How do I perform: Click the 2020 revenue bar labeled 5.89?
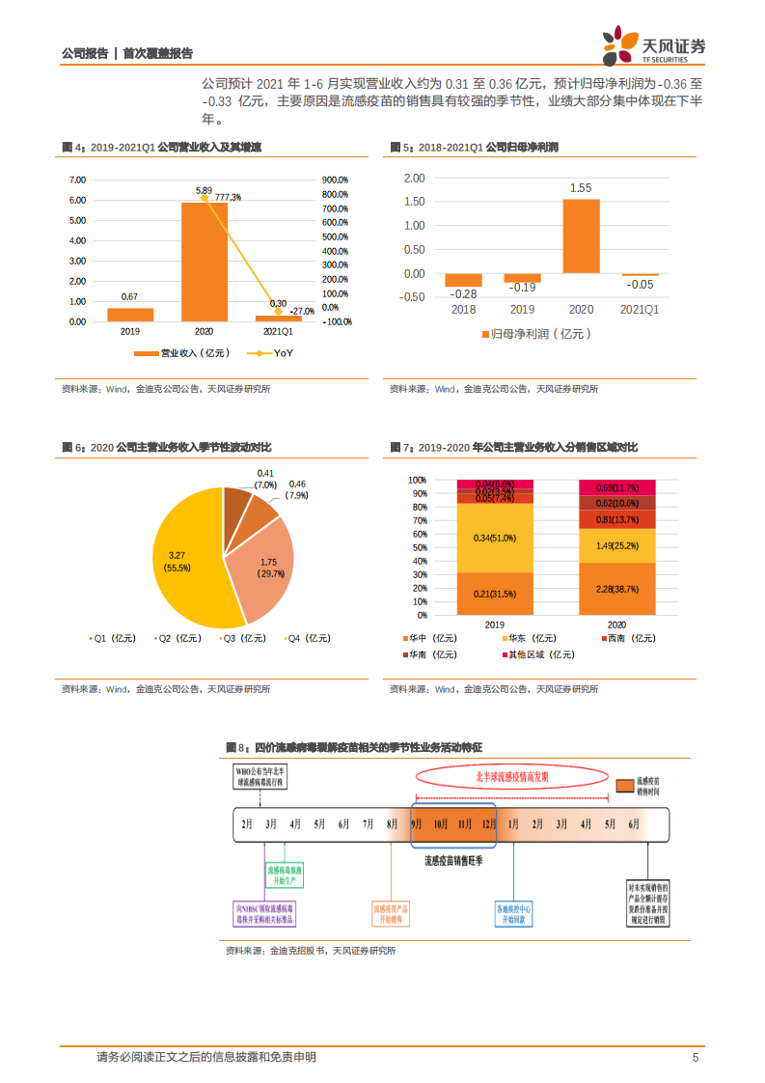pyautogui.click(x=204, y=262)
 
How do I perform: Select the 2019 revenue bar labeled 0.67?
pyautogui.click(x=130, y=315)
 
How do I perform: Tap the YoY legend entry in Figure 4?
pyautogui.click(x=272, y=354)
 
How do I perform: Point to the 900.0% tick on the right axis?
pyautogui.click(x=336, y=180)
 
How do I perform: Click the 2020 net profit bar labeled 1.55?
pyautogui.click(x=581, y=236)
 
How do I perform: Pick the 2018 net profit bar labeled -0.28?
pyautogui.click(x=464, y=280)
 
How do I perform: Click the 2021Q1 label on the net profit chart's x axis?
pyautogui.click(x=640, y=309)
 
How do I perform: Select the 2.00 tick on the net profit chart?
pyautogui.click(x=414, y=179)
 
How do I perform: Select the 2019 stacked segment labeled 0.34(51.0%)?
pyautogui.click(x=493, y=538)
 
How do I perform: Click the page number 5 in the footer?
pyautogui.click(x=695, y=1058)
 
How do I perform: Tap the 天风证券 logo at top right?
pyautogui.click(x=655, y=43)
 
